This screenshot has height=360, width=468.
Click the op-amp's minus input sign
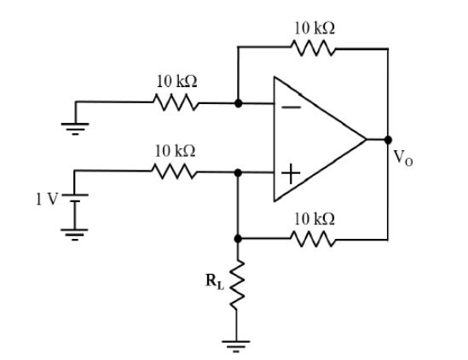(292, 107)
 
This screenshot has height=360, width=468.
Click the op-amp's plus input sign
(291, 173)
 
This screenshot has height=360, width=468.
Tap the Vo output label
(403, 158)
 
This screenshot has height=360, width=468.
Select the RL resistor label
(215, 282)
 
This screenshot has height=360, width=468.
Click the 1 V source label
(47, 199)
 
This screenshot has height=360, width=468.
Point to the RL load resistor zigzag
(237, 285)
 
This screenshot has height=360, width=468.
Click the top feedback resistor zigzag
(313, 48)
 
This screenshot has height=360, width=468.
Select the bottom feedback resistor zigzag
(313, 239)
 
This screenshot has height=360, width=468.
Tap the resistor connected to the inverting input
(176, 102)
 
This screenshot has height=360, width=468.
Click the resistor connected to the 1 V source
(175, 171)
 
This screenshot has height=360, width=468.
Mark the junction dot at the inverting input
(238, 103)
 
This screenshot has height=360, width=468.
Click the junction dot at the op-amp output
(388, 140)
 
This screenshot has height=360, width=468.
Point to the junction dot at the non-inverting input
(238, 172)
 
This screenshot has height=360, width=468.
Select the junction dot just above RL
(238, 239)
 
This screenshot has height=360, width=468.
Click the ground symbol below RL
(236, 346)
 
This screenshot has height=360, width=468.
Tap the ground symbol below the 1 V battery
(75, 235)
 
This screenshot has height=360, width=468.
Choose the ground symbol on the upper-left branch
(75, 129)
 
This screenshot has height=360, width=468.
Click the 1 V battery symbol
(75, 199)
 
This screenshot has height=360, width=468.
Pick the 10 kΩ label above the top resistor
(315, 28)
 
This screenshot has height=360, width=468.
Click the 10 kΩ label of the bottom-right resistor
(315, 219)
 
